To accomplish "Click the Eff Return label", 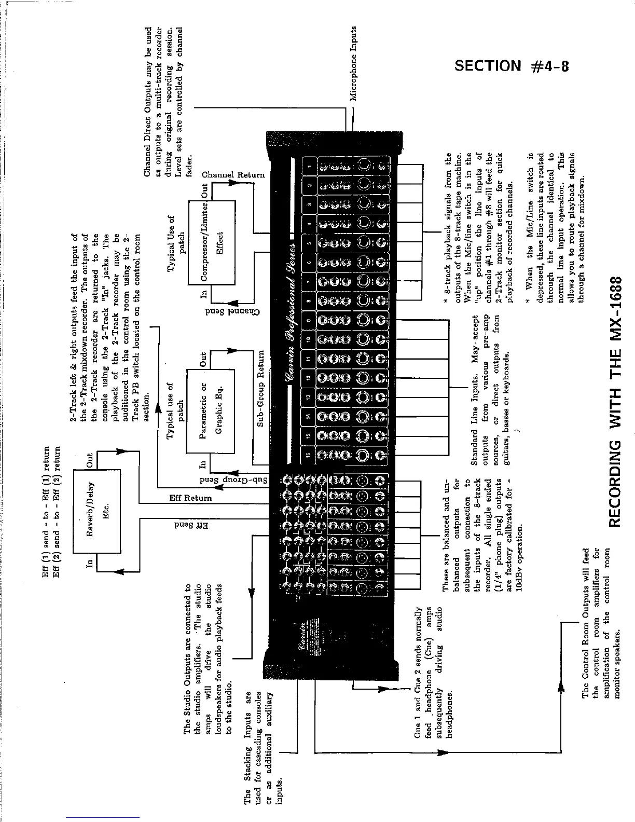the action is click(191, 498).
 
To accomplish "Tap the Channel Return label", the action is click(233, 175).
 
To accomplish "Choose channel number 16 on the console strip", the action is click(309, 455).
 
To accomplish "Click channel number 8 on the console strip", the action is click(309, 301).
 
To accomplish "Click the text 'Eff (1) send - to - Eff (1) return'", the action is click(46, 511).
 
